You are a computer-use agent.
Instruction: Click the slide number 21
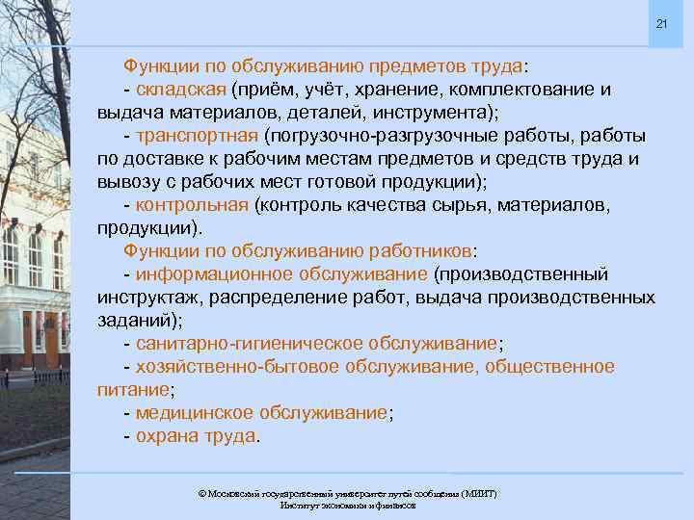[x=661, y=23]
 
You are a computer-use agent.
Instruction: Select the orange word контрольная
[x=193, y=205]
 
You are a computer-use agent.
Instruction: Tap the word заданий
[x=134, y=321]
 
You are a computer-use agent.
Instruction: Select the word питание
[x=133, y=390]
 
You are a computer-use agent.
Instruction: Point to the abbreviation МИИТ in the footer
[x=478, y=493]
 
